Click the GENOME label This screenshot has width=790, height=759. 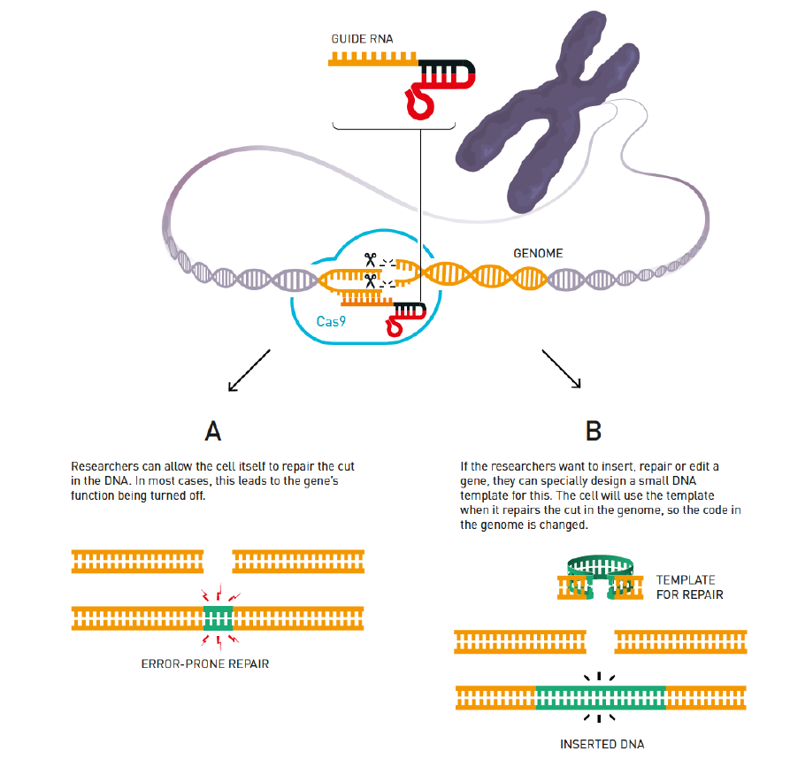coord(538,253)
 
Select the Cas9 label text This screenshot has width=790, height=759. coord(330,321)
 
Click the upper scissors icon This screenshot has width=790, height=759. coord(369,260)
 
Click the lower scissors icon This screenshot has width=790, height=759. coord(370,281)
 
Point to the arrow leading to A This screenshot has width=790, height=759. coord(247,370)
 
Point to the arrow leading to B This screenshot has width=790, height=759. coord(561,369)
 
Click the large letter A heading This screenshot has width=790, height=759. coord(212,431)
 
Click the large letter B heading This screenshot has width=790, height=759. coord(594,431)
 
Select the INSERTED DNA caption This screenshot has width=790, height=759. coord(601,744)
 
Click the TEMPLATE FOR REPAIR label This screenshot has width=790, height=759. coord(689,587)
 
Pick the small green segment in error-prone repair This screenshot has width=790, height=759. coord(218,617)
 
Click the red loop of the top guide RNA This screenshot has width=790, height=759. coord(420,102)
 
